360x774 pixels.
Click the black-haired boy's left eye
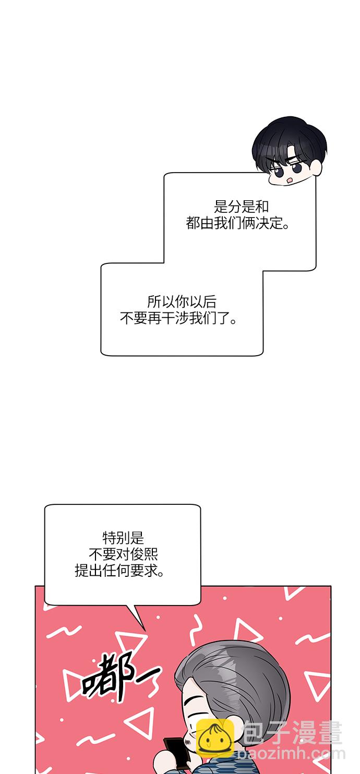tap(277, 170)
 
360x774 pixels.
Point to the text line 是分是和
tap(242, 206)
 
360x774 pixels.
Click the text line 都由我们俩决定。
tap(238, 224)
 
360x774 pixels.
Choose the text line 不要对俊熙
tap(124, 554)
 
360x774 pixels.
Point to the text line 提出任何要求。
tap(119, 571)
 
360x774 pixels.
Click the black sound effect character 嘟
tap(104, 678)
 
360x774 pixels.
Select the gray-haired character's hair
tap(235, 678)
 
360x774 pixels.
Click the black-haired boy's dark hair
tap(290, 138)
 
